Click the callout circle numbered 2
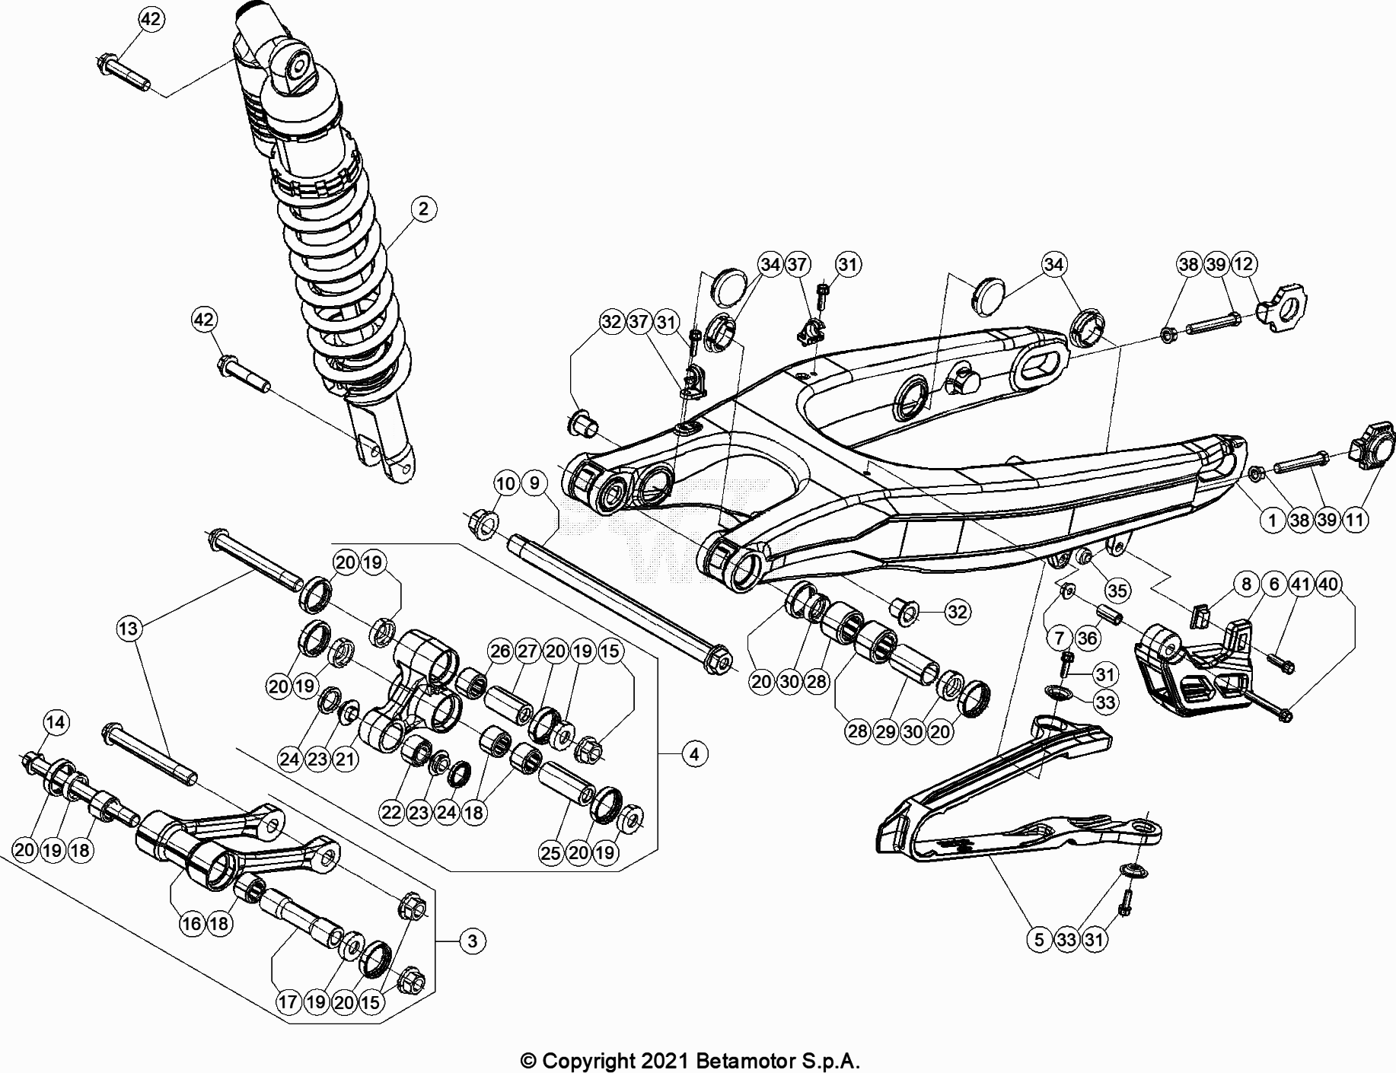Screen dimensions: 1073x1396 coord(424,209)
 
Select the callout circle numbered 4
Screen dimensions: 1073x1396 coord(693,754)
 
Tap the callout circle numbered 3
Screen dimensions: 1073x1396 coord(472,941)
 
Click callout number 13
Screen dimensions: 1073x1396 coord(129,629)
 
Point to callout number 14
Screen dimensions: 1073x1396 coord(55,721)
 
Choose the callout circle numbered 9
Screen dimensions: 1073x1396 coord(534,483)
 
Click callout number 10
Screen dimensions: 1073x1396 coord(506,483)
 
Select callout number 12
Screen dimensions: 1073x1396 coord(1243,264)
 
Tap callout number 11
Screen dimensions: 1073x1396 coord(1354,521)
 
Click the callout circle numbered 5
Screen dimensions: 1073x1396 coord(1039,939)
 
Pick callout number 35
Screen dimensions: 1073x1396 coord(1117,591)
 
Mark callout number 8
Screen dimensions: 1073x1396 coord(1246,584)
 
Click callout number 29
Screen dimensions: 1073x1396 coord(885,731)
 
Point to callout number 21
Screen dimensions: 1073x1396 coord(346,759)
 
